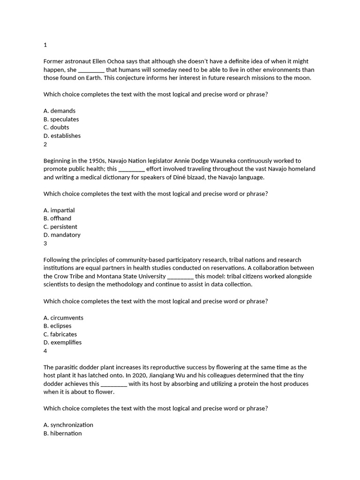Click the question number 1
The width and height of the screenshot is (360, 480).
click(45, 45)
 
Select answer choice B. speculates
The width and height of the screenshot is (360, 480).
click(61, 119)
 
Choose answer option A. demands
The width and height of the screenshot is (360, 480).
click(60, 111)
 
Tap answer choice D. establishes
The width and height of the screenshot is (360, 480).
click(62, 135)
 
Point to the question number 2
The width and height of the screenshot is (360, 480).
click(45, 144)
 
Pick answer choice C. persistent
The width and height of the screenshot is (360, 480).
click(60, 226)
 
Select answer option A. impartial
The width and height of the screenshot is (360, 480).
click(59, 210)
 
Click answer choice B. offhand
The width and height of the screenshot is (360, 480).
click(58, 218)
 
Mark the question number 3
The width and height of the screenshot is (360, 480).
click(45, 243)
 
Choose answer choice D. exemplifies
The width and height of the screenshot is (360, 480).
click(62, 342)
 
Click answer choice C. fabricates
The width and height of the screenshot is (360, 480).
click(60, 334)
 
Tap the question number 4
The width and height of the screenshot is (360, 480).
click(45, 351)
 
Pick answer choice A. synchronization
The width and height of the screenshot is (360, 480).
click(68, 425)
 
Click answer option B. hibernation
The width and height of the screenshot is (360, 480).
click(62, 433)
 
